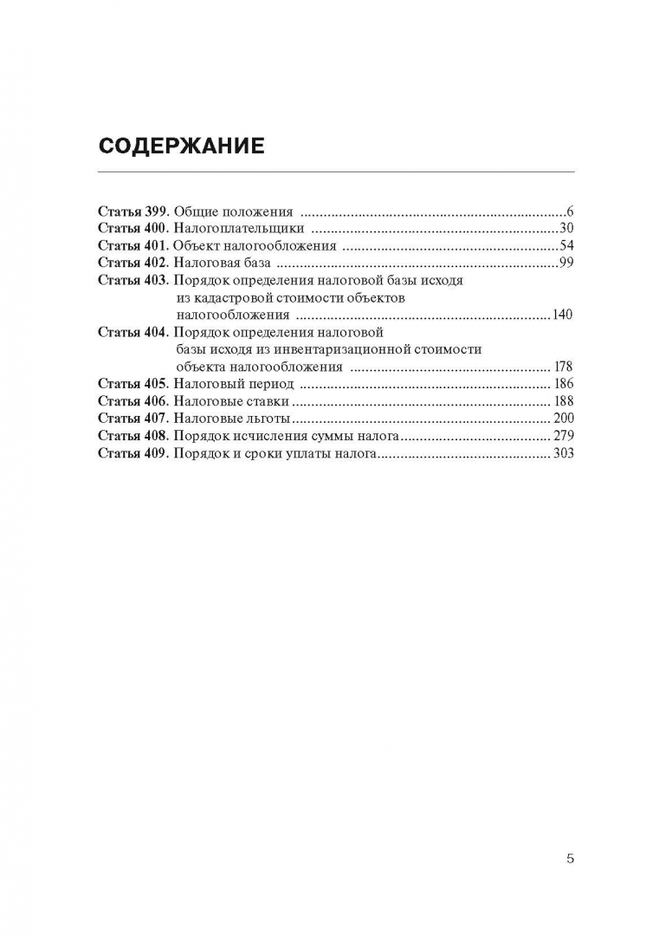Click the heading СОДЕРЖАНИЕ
pos(181,145)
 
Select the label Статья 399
pos(133,211)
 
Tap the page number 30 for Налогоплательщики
pos(567,228)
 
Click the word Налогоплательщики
pos(239,228)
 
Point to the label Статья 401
pos(133,245)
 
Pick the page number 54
pos(567,245)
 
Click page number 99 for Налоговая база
pos(567,263)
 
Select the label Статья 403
pos(133,280)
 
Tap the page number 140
pos(562,315)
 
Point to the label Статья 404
pos(133,332)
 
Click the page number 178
pos(562,367)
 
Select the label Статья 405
pos(133,384)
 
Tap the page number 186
pos(562,384)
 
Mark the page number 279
pos(562,436)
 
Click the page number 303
pos(562,453)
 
